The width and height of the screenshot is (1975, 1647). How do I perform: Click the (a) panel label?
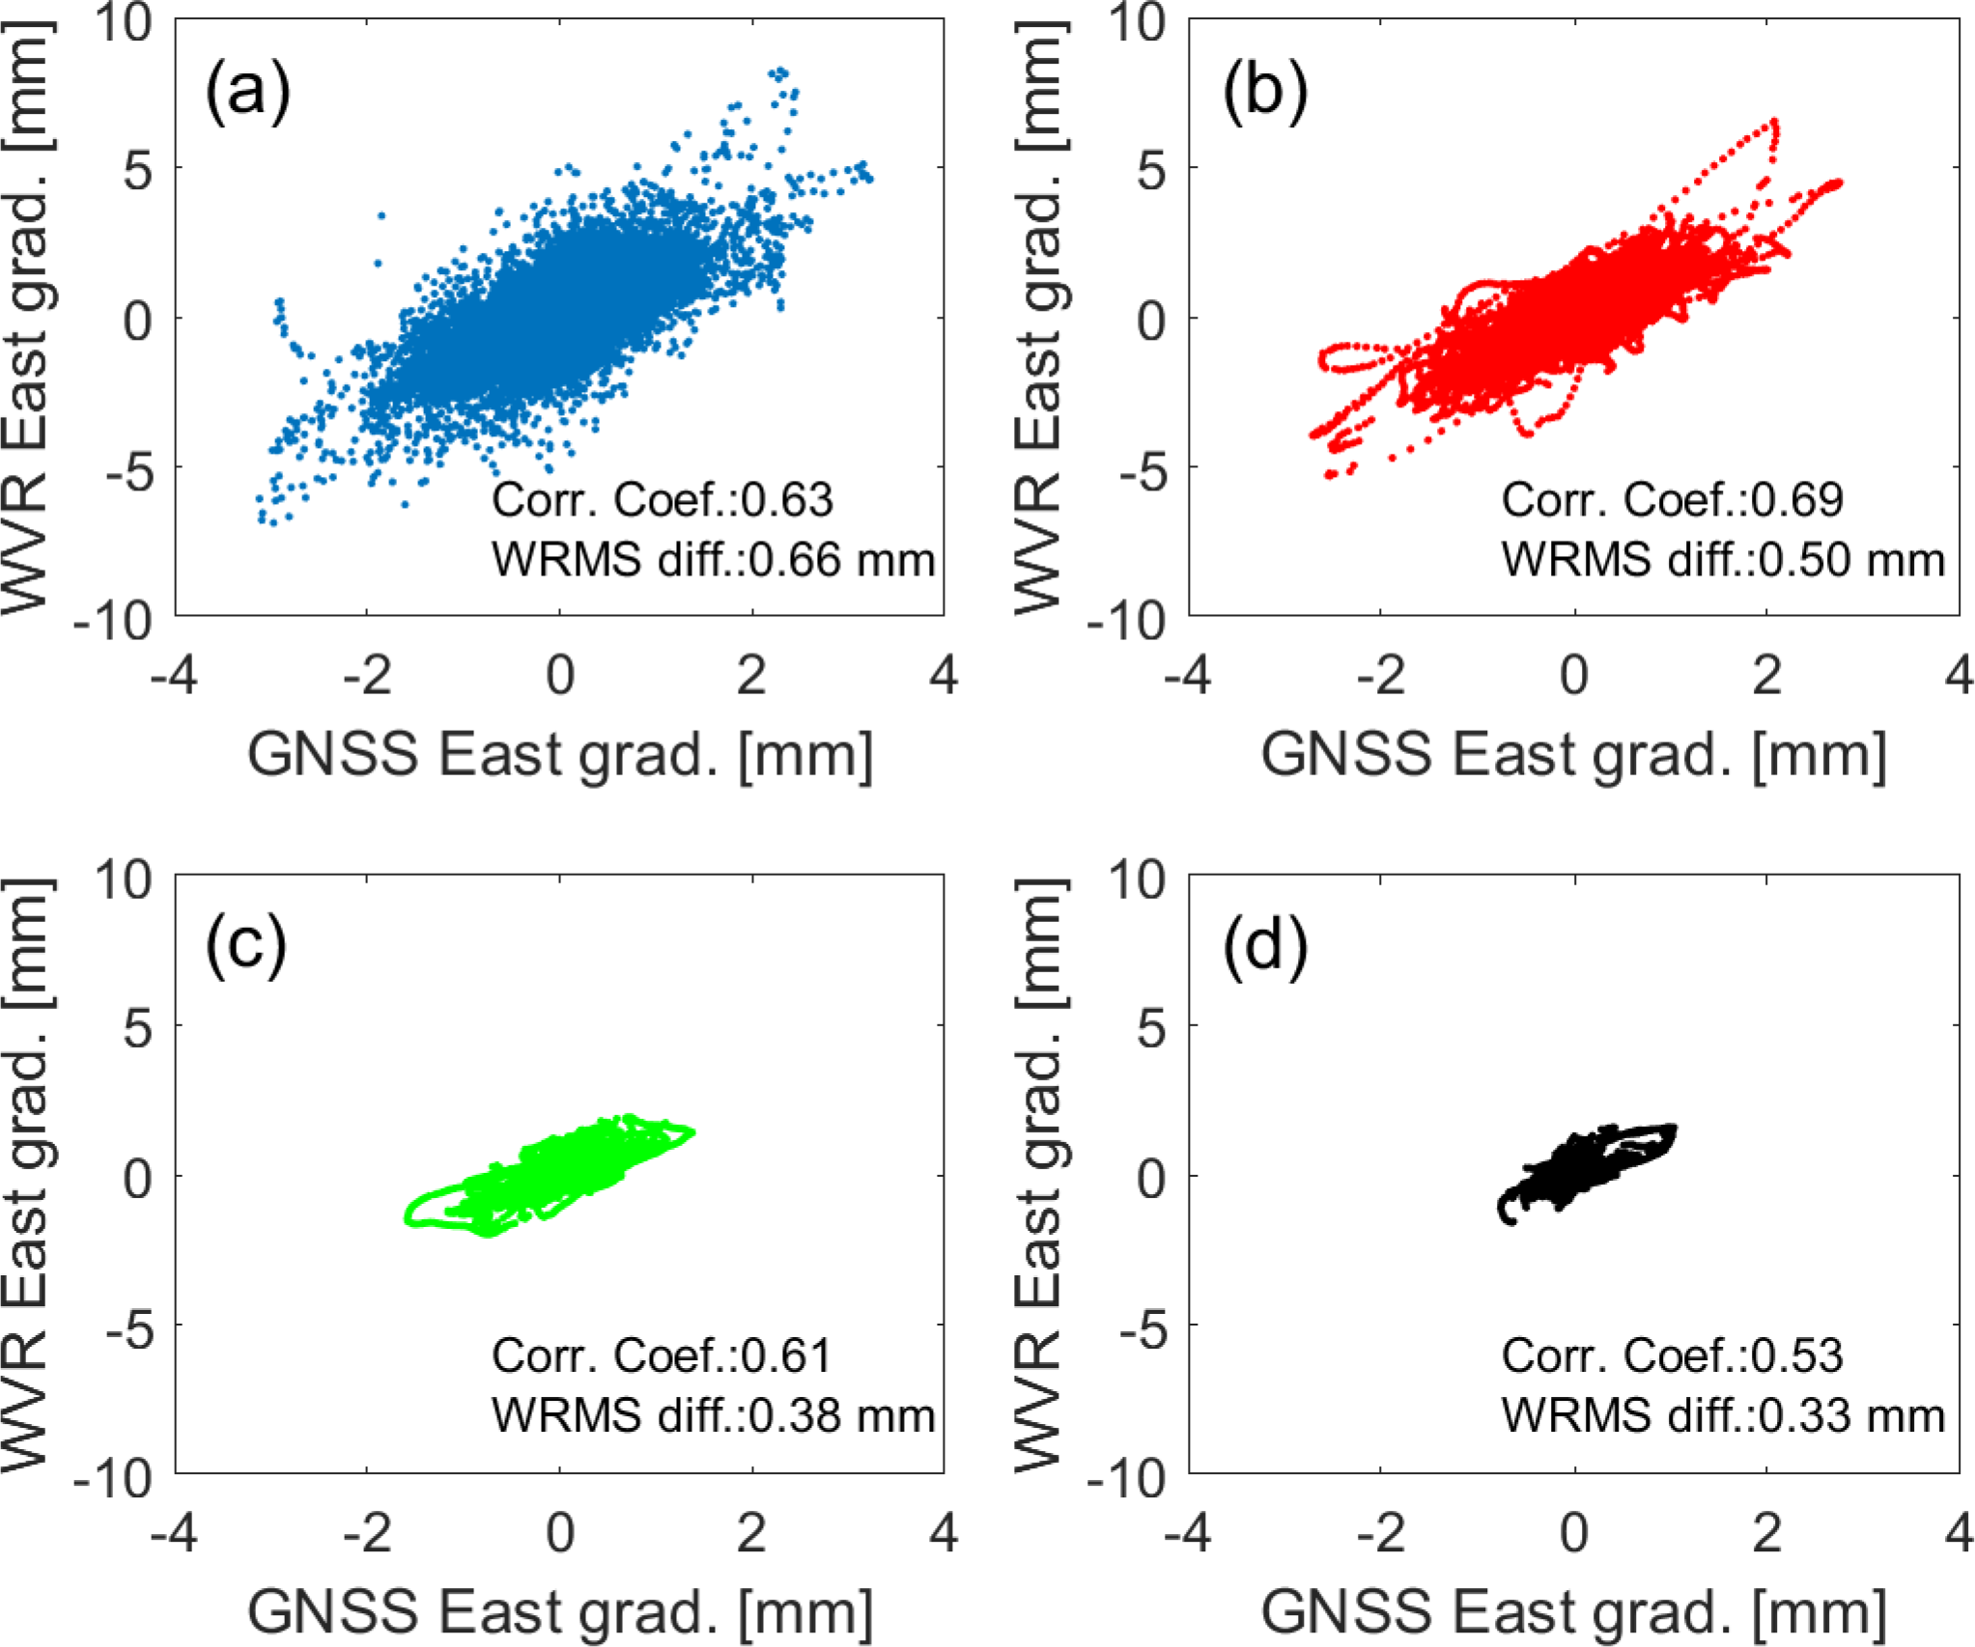(x=247, y=91)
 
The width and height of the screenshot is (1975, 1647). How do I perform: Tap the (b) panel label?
(x=1264, y=91)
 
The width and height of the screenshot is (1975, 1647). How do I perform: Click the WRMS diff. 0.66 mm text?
(x=713, y=560)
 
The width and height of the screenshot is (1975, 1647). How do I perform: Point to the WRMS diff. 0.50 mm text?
(x=1723, y=560)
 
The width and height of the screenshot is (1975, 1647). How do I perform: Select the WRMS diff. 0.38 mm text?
(x=713, y=1416)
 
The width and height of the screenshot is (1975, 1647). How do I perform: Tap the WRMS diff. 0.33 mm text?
(x=1723, y=1416)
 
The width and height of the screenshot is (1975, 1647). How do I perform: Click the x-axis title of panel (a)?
(x=560, y=755)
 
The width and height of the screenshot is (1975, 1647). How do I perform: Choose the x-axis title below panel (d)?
(x=1573, y=1611)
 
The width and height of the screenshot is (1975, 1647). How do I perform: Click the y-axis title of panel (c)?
(x=26, y=1175)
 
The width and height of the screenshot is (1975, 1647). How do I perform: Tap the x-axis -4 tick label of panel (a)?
(x=174, y=675)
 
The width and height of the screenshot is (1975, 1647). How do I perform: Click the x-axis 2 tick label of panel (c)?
(x=751, y=1531)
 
